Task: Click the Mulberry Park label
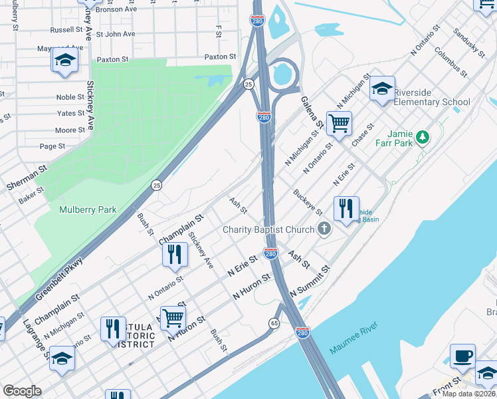coord(88,209)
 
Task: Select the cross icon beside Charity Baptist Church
coord(324,229)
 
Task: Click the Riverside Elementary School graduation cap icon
coord(382,89)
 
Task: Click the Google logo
coord(22,391)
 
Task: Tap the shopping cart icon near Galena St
coord(339,123)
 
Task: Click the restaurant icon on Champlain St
coord(174,254)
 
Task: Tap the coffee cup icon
coord(462,355)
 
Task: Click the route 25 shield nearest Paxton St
coord(248,84)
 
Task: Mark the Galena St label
coord(312,111)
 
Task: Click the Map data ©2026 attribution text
coord(468,394)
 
